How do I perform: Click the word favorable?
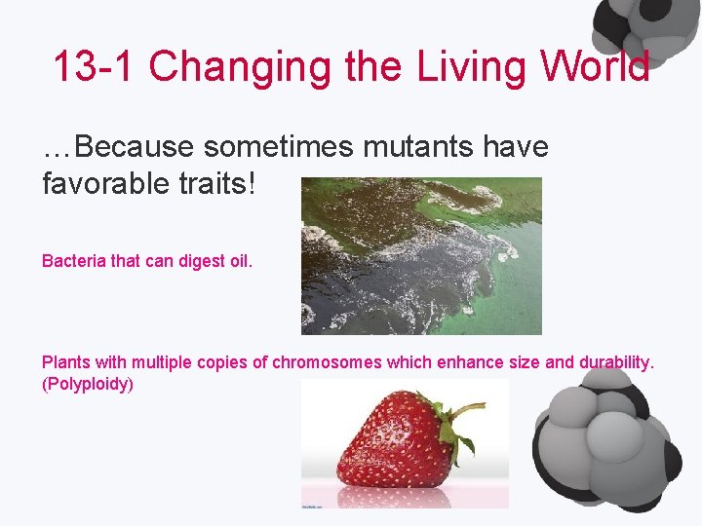[x=104, y=182]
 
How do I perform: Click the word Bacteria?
[x=71, y=261]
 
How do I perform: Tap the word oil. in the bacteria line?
[x=239, y=261]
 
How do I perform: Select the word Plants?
[x=66, y=362]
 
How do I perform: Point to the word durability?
[x=616, y=362]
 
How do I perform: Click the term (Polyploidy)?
[x=87, y=384]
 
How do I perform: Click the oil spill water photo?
[x=420, y=255]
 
